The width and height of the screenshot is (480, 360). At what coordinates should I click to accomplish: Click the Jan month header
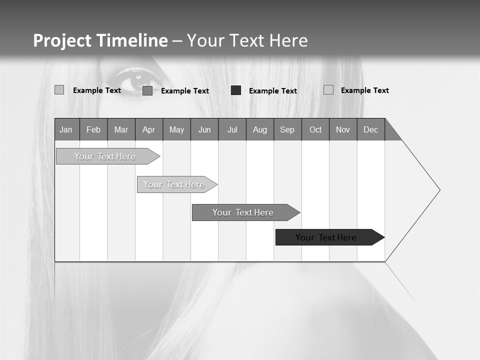point(66,129)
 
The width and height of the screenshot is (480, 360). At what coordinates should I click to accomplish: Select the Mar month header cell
point(121,129)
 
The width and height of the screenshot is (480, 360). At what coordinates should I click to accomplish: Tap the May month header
point(176,129)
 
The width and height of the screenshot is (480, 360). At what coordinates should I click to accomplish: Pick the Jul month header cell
point(232,129)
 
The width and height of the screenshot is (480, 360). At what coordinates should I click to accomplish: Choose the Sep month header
point(287,129)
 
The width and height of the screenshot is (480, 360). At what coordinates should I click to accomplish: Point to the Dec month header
point(370,129)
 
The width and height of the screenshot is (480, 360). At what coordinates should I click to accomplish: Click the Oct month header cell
point(315,129)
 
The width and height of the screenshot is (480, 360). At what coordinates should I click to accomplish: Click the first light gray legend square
point(59,90)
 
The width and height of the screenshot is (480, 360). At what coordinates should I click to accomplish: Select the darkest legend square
point(236,90)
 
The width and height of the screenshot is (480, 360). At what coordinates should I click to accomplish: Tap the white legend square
point(328,90)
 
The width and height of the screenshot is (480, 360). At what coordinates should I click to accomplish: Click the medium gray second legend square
point(147,90)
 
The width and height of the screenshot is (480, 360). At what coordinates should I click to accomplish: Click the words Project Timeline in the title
point(100,40)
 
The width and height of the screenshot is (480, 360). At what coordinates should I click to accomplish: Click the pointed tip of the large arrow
point(439,190)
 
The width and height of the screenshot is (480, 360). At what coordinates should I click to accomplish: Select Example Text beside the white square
point(364,90)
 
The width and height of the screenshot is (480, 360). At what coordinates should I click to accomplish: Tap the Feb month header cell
point(93,129)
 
